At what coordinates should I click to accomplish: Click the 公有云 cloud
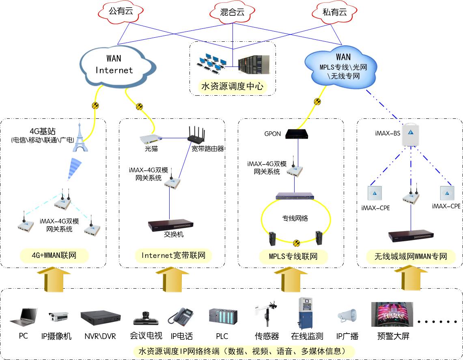click(x=121, y=12)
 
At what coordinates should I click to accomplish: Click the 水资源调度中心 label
click(x=232, y=86)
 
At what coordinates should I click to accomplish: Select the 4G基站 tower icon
click(x=80, y=138)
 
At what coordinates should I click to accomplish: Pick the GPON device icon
click(x=298, y=133)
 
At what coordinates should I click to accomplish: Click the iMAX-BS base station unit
click(x=410, y=134)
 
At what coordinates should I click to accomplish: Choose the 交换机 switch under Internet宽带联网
click(x=171, y=225)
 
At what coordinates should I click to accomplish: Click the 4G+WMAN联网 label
click(x=54, y=256)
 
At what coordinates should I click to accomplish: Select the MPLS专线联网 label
click(x=293, y=256)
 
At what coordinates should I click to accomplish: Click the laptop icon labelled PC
click(x=24, y=317)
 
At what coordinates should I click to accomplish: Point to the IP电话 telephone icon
click(x=181, y=316)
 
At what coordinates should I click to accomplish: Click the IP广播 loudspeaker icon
click(x=347, y=315)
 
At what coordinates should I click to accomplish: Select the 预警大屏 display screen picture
click(x=392, y=314)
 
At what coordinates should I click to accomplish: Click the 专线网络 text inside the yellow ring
click(x=295, y=218)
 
